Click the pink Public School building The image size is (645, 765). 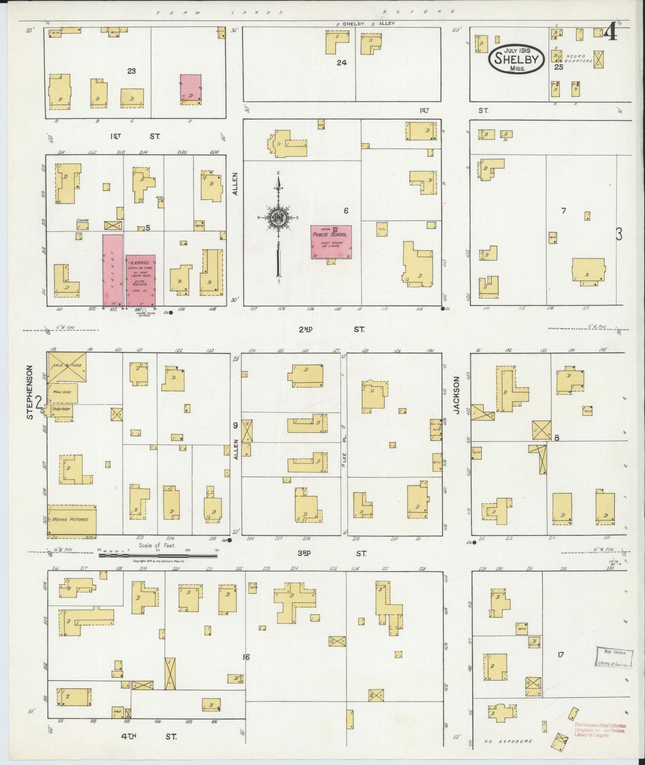tap(331, 242)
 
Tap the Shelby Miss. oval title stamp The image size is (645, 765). tap(516, 59)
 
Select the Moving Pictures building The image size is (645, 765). tap(71, 520)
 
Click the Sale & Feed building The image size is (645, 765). tap(67, 366)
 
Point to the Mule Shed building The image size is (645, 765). tap(63, 393)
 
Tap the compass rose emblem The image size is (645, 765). tap(278, 217)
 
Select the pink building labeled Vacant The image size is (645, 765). tap(112, 270)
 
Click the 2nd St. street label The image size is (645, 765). tap(332, 329)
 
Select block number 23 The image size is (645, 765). tap(131, 71)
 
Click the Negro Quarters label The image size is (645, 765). tap(578, 58)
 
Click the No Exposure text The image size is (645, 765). tap(508, 741)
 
